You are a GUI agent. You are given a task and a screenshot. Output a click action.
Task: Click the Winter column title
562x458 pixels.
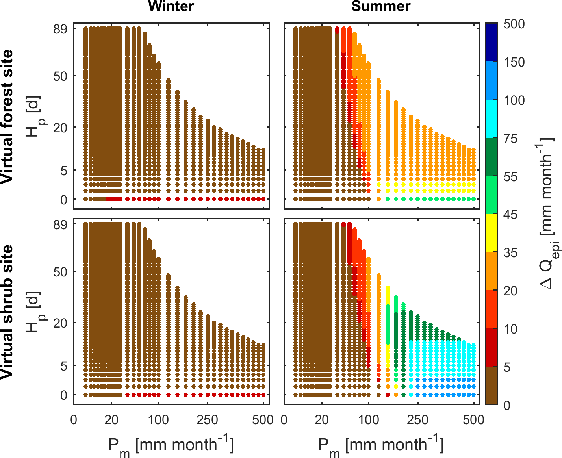tap(171, 6)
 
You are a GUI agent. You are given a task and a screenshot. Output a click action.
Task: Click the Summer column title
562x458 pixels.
tap(381, 6)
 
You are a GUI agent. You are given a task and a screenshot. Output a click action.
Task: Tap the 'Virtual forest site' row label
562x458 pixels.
tap(7, 117)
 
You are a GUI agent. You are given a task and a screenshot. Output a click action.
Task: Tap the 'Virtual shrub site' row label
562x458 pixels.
tap(7, 312)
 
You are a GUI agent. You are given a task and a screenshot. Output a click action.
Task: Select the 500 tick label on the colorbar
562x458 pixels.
tap(514, 24)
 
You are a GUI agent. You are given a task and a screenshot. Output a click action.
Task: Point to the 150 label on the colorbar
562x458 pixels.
tap(514, 62)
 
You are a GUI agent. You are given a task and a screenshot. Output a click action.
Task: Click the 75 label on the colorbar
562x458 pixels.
tap(511, 139)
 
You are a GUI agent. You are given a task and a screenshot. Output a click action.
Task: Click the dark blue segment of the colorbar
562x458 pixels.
tap(491, 42)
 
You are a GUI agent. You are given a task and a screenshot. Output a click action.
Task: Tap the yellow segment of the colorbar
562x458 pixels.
tap(491, 233)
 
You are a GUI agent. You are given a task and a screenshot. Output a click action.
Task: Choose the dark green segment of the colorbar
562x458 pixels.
tap(491, 157)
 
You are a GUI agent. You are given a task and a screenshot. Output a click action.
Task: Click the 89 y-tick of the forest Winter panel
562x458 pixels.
tap(60, 29)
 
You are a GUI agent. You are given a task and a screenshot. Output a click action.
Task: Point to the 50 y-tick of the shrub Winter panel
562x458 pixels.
tap(60, 272)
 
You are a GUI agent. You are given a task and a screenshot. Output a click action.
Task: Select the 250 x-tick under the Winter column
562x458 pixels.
tap(207, 420)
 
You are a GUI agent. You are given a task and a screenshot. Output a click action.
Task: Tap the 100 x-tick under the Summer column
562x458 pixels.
tap(369, 420)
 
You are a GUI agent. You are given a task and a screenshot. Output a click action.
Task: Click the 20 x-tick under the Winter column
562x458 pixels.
tap(111, 420)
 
